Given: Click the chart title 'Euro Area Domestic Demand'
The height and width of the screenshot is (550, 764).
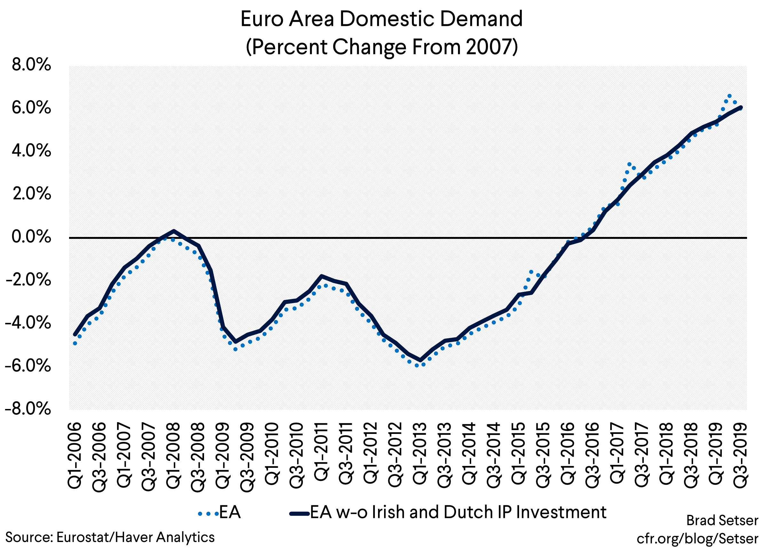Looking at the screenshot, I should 381,19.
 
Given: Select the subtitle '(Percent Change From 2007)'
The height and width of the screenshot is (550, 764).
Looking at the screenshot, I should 381,47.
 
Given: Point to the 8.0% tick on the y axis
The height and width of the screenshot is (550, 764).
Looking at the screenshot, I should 31,65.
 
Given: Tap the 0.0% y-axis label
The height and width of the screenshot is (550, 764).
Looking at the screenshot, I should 31,237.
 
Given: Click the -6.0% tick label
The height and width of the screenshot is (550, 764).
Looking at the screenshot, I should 28,366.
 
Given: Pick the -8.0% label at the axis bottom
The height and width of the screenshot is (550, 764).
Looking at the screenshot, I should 28,409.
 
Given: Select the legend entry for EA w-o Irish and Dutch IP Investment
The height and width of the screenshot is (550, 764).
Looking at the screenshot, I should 448,512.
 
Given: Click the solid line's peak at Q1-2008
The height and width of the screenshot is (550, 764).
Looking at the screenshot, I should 173,231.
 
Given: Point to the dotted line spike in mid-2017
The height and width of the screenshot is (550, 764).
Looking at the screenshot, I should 629,164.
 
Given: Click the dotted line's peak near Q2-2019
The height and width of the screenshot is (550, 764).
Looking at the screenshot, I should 730,96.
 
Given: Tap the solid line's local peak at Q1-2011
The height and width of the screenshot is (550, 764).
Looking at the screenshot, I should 321,276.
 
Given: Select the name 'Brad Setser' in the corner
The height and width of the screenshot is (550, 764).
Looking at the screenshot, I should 722,521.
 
